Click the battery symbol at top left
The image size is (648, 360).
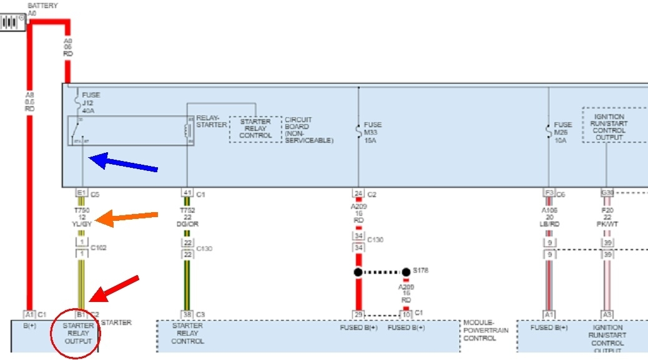[12, 22]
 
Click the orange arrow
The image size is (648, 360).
[132, 218]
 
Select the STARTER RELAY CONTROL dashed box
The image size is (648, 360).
[255, 129]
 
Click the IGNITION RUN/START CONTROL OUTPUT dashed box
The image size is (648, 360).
[609, 124]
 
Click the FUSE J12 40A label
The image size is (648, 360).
[91, 102]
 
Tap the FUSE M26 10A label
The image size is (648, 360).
[562, 132]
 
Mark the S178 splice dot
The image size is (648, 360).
[406, 272]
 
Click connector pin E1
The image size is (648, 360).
[81, 193]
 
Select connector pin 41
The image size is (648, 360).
[187, 193]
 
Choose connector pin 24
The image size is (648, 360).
[358, 193]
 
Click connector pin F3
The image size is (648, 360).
[549, 193]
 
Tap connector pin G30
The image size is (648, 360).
[607, 193]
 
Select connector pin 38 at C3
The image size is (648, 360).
[187, 314]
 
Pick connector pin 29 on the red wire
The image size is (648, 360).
[358, 314]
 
